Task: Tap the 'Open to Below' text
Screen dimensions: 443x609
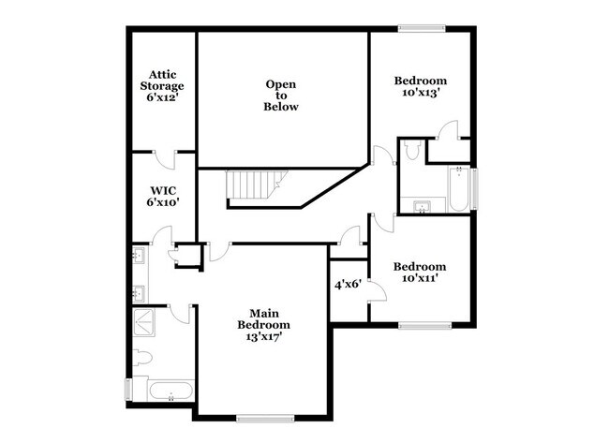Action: click(x=281, y=96)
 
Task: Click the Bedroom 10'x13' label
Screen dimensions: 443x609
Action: click(x=419, y=86)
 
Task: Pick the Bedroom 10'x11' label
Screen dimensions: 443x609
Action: click(x=419, y=272)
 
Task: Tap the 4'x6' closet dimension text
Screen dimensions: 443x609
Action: click(x=349, y=285)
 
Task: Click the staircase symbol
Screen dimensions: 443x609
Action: click(x=249, y=186)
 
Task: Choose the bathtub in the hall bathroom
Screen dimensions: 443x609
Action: click(x=459, y=188)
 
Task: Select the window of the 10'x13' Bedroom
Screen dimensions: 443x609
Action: click(x=420, y=27)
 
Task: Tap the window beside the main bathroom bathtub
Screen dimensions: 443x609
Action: click(x=128, y=388)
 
